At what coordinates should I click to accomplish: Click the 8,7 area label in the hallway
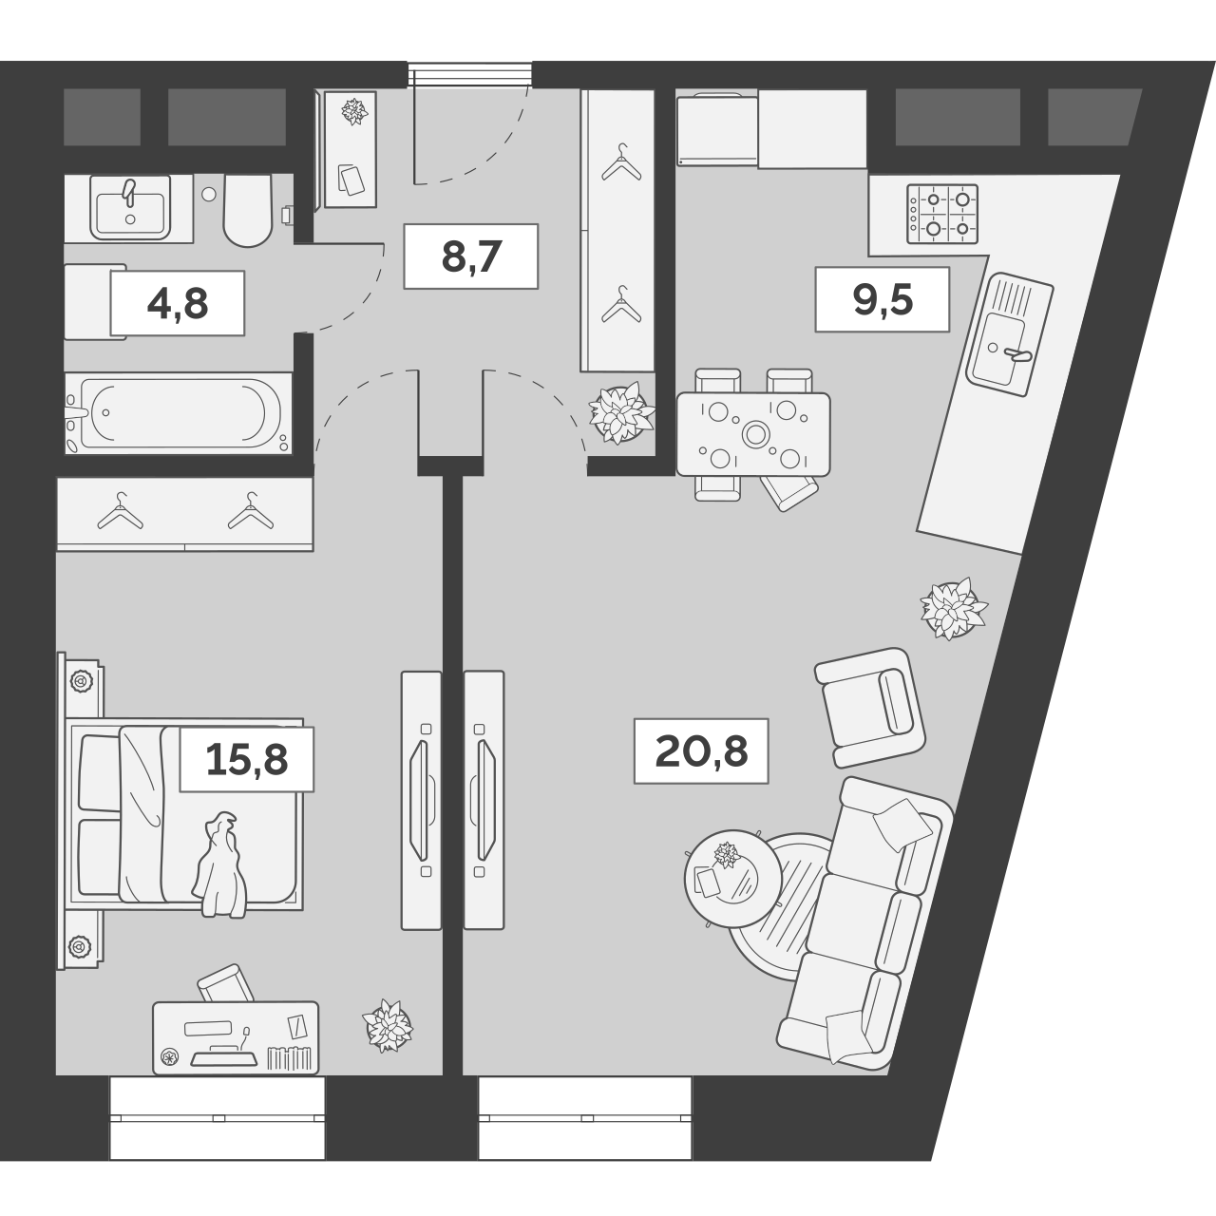[x=471, y=256]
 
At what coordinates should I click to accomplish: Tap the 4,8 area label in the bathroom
[x=178, y=304]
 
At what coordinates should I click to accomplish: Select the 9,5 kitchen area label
[x=883, y=300]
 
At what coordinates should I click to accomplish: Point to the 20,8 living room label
[x=701, y=751]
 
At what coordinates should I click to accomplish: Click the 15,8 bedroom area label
[x=247, y=759]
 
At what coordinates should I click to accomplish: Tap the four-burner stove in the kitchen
[x=942, y=214]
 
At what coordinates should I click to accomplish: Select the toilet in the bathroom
[x=247, y=210]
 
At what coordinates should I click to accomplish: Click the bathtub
[x=179, y=413]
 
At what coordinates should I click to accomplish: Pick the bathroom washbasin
[x=130, y=207]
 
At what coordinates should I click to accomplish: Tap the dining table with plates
[x=752, y=434]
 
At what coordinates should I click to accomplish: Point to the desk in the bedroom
[x=236, y=1037]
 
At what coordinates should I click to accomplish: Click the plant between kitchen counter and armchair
[x=954, y=609]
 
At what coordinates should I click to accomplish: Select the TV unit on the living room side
[x=484, y=800]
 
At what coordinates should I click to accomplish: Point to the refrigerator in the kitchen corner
[x=717, y=130]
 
